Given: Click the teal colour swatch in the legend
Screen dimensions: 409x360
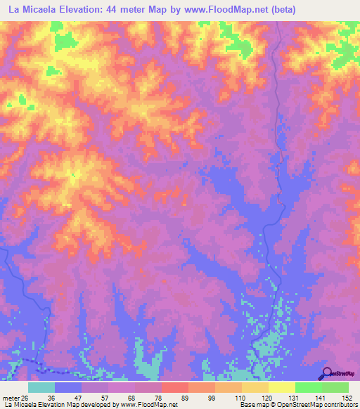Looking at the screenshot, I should [x=41, y=387].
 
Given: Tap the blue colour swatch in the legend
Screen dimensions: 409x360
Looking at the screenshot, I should [x=68, y=387].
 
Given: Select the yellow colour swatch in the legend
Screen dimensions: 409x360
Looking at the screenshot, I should [x=282, y=387].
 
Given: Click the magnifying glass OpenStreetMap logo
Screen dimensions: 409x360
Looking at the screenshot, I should [x=326, y=373].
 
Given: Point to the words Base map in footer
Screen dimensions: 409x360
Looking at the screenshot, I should [x=252, y=405].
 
